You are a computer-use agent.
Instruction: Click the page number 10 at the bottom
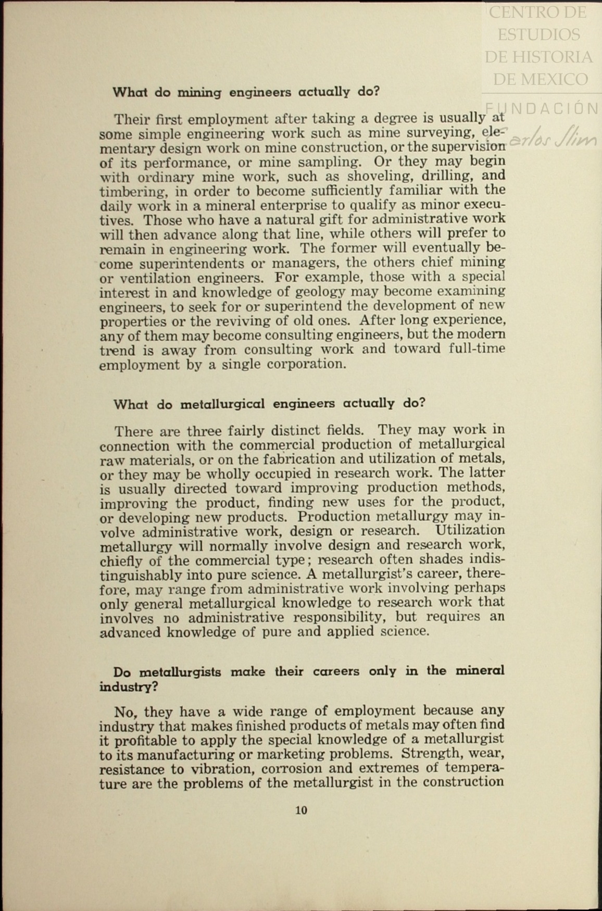[301, 810]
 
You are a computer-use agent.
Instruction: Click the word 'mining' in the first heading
[199, 93]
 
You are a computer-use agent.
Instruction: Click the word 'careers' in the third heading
[336, 671]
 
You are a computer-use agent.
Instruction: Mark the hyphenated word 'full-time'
[476, 348]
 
